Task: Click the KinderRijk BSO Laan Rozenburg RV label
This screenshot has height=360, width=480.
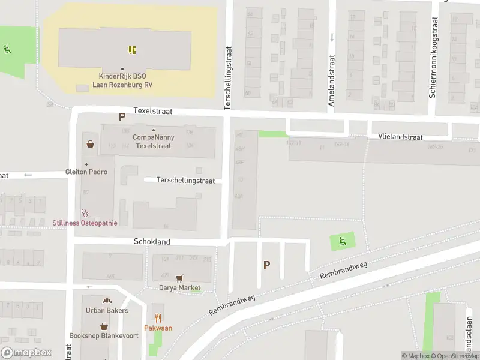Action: coord(122,80)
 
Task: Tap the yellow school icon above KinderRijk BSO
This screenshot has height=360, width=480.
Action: coord(132,50)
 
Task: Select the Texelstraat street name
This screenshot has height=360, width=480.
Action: coord(152,111)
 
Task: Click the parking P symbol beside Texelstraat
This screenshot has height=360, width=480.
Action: coord(122,118)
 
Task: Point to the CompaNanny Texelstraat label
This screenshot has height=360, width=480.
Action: coord(153,142)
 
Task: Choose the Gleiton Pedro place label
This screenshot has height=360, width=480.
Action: coord(86,172)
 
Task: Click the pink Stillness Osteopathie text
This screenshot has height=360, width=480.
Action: coord(85,223)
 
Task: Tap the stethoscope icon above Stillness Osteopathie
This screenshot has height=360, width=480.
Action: coord(85,212)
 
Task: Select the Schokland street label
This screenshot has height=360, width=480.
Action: coord(152,242)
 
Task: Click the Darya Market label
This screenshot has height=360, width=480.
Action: coord(179,288)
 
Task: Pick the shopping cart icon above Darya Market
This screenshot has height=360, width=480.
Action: coord(179,278)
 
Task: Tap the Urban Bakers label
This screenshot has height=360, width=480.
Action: coord(107,310)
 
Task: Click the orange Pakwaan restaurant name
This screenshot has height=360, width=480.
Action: coord(158,328)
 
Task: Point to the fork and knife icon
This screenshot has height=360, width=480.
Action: coord(158,318)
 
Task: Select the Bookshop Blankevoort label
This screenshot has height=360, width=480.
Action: coord(104,335)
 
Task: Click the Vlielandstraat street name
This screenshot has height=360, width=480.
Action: coord(400,137)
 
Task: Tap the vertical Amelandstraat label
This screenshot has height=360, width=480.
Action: coord(331,81)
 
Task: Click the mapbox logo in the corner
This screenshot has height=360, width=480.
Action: coord(26,353)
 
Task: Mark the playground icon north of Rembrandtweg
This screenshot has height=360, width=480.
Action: coord(343,242)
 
